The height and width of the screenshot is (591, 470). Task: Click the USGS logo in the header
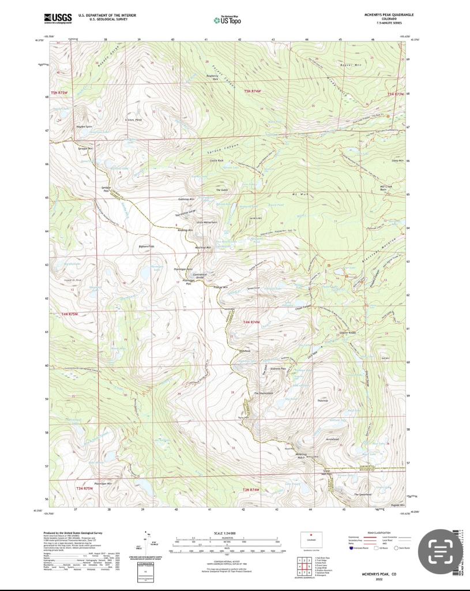(x=58, y=18)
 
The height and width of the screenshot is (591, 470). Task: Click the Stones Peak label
(x=134, y=121)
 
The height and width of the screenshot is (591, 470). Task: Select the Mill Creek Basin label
(x=386, y=188)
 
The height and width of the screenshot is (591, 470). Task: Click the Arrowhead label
(x=332, y=439)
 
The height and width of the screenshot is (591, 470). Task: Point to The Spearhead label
(x=362, y=495)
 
